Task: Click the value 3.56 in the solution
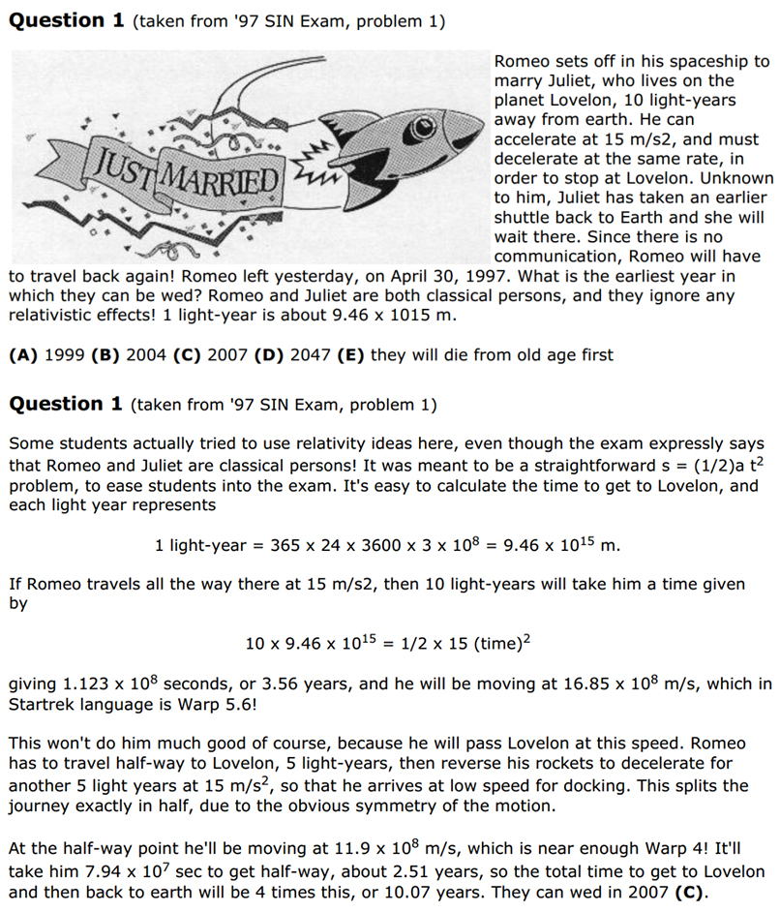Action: click(250, 684)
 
